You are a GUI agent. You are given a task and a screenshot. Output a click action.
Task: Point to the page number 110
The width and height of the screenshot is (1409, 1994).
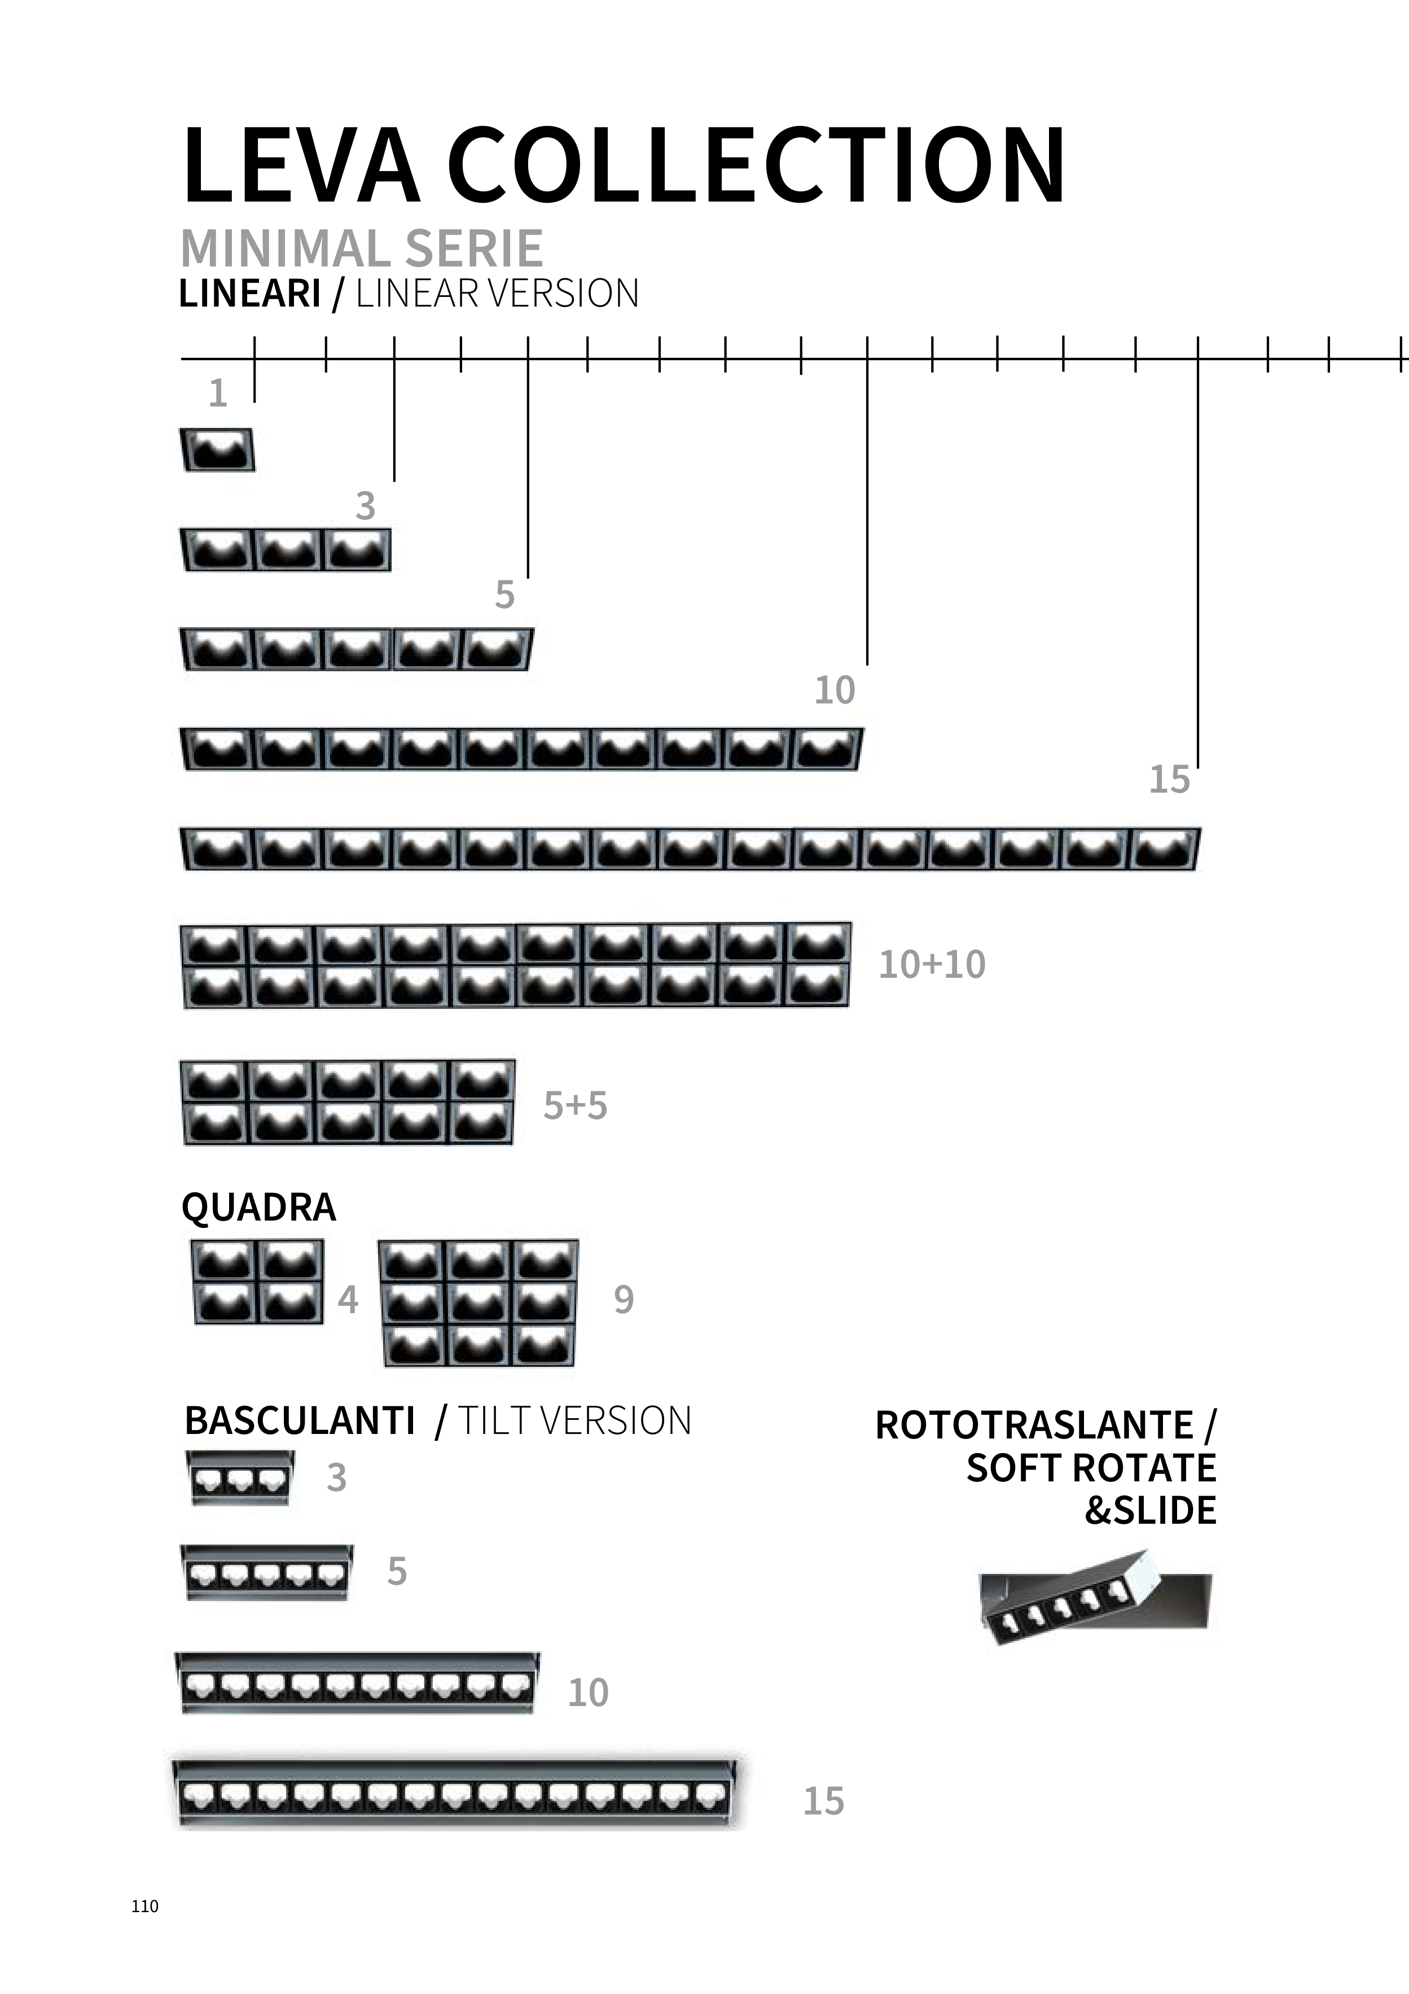(x=145, y=1906)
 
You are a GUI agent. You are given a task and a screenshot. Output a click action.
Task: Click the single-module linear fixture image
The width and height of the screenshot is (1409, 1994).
(x=217, y=450)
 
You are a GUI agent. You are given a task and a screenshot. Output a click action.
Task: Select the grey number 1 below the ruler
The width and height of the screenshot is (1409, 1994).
(x=218, y=393)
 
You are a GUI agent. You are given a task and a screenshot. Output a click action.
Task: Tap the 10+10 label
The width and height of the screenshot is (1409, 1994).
(x=932, y=965)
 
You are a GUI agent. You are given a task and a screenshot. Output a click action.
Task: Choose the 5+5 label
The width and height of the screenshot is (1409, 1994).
(x=574, y=1105)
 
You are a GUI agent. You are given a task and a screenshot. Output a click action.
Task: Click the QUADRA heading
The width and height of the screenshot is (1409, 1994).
(x=258, y=1207)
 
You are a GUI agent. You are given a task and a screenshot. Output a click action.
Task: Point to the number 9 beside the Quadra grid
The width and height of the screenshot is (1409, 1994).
(x=624, y=1299)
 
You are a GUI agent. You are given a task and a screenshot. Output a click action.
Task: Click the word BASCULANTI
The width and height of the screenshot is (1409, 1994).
(x=300, y=1421)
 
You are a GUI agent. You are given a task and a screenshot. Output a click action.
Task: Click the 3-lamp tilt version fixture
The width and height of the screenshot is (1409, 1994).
(x=240, y=1478)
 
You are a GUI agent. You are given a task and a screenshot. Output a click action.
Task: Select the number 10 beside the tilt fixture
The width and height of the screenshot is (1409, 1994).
(x=588, y=1693)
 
